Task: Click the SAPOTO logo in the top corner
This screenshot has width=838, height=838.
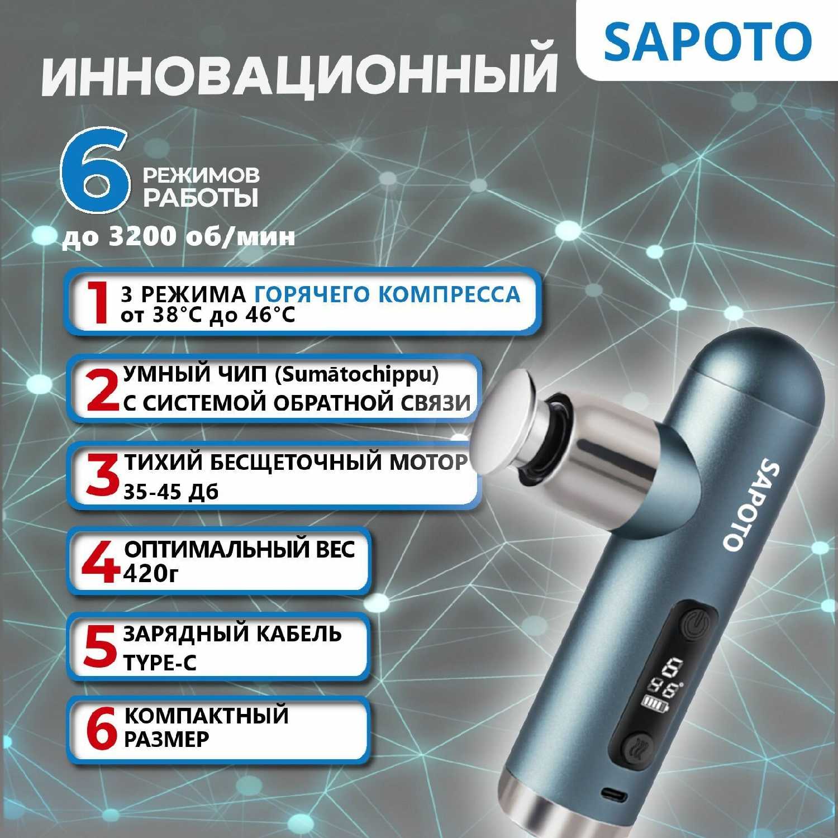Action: click(707, 42)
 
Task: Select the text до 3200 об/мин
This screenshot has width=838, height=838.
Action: click(179, 237)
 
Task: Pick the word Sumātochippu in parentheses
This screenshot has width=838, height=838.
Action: click(357, 374)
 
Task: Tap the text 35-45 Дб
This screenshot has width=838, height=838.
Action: click(170, 492)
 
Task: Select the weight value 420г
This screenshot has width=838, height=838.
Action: click(151, 574)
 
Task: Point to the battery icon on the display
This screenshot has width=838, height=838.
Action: click(651, 703)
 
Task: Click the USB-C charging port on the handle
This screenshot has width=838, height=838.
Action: click(613, 793)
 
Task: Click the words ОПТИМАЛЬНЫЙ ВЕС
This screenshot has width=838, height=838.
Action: click(239, 549)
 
